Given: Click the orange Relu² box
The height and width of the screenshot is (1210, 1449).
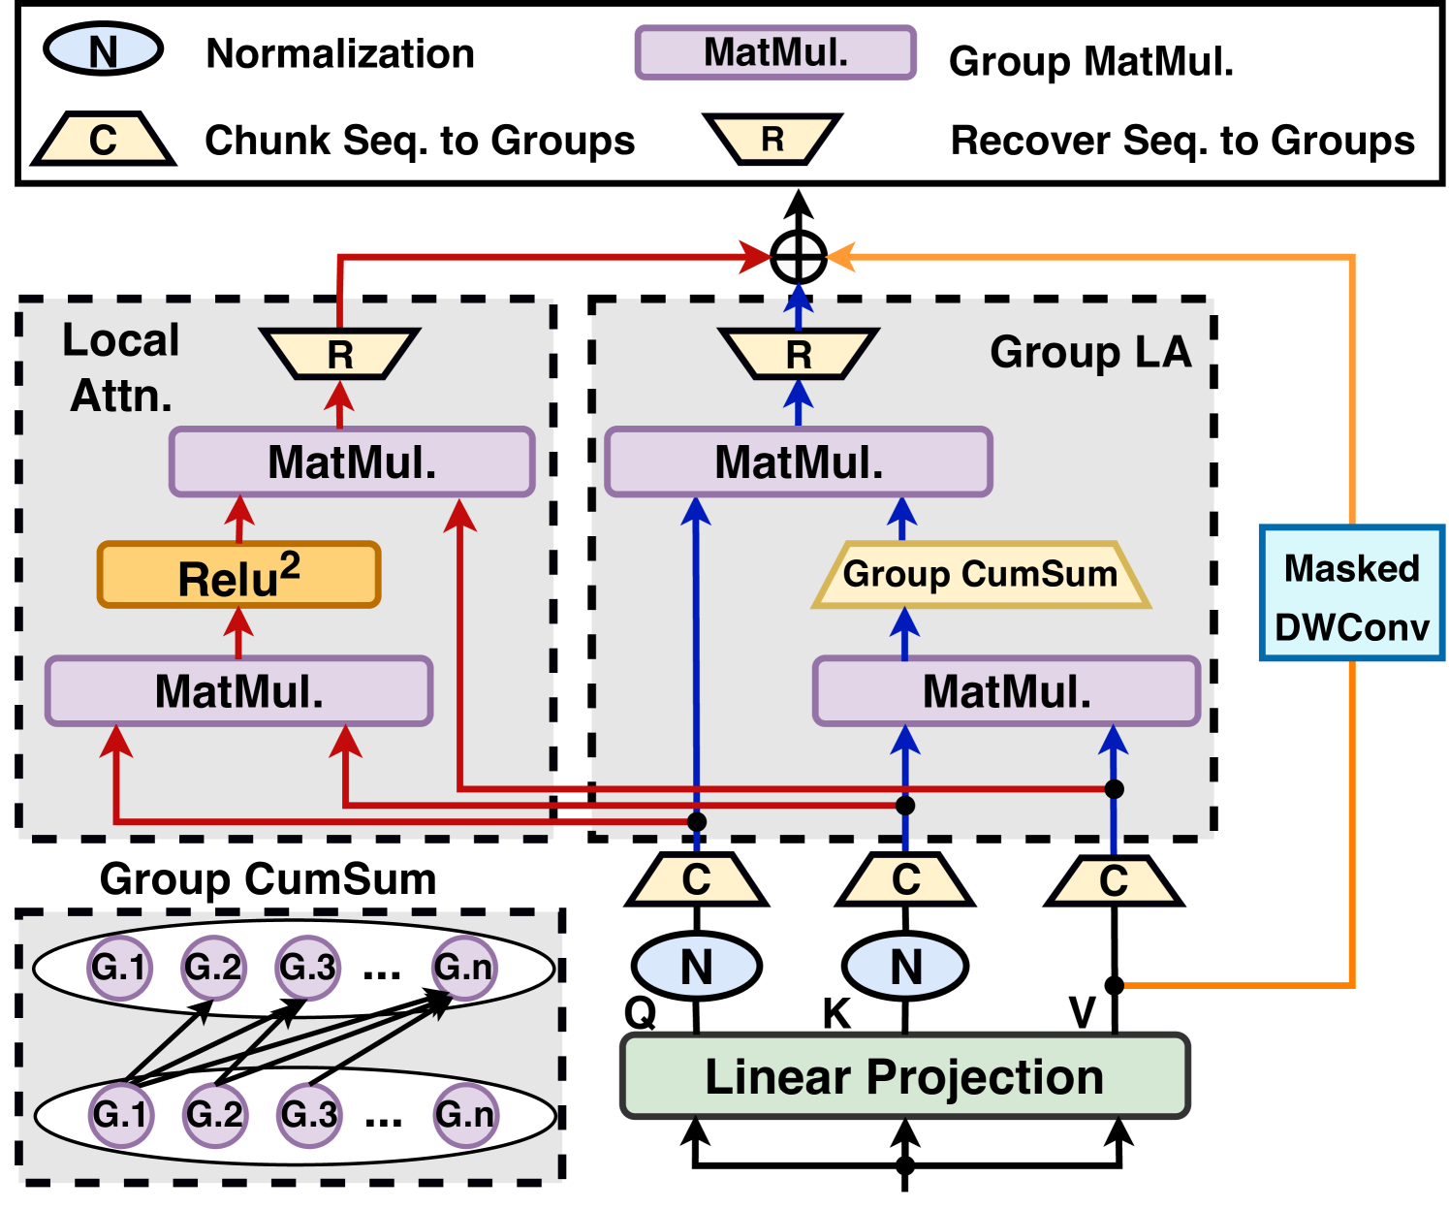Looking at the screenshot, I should (x=238, y=576).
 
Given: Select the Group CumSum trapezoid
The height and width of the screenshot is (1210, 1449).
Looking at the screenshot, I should (x=980, y=574).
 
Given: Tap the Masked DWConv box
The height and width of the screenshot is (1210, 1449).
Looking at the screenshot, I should (x=1351, y=594).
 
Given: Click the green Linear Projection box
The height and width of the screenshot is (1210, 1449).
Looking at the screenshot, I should (x=904, y=1076).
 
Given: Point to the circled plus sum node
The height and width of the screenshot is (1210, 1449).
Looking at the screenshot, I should (x=799, y=258).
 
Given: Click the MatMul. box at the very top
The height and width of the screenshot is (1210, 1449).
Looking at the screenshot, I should (x=775, y=52).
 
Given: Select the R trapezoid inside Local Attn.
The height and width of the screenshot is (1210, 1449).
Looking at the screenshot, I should (x=339, y=354).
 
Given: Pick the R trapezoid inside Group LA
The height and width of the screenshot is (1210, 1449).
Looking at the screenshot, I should (x=798, y=354).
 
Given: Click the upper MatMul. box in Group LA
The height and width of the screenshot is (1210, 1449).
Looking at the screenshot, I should (x=799, y=462).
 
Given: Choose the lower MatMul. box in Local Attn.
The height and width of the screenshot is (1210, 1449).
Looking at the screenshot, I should (x=238, y=691).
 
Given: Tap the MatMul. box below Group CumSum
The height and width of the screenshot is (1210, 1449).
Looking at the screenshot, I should (x=1006, y=691).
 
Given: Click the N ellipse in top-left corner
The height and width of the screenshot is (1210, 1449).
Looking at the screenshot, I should (x=103, y=49).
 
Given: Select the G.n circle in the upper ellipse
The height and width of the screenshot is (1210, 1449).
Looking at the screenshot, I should (x=463, y=967).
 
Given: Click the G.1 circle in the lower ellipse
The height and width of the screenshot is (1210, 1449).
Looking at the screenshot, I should (x=120, y=1114).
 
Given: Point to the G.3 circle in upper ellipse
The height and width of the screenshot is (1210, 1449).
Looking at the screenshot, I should (x=307, y=967).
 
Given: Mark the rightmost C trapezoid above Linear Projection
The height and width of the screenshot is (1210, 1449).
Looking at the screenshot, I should (x=1113, y=880).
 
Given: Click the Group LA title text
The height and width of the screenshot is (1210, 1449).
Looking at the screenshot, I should (x=1089, y=352).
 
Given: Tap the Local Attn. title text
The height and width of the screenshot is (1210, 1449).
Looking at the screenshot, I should (x=121, y=367).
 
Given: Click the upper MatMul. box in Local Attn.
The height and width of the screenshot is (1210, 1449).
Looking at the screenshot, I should (x=352, y=462).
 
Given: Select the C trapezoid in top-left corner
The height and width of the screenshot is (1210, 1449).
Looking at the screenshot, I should (x=103, y=140).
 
